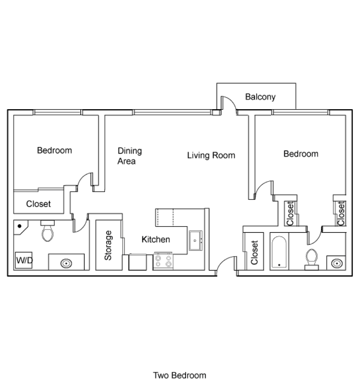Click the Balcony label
[260, 97]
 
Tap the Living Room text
[211, 156]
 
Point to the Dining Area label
[129, 156]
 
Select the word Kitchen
[156, 239]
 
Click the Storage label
[108, 246]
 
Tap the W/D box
[24, 261]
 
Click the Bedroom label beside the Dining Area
[54, 150]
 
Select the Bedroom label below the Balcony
[300, 154]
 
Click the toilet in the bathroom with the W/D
[48, 232]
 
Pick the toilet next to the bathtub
[311, 259]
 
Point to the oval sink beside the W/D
[66, 263]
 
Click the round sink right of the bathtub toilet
[336, 263]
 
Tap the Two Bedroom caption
[179, 376]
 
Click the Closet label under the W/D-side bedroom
[39, 204]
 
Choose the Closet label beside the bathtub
[255, 253]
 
